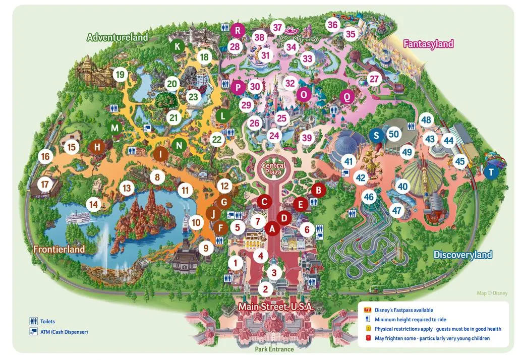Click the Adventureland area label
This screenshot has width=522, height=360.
[118, 37]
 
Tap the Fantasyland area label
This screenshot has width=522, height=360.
[428, 44]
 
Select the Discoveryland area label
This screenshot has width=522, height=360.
[462, 255]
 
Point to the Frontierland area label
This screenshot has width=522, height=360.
[59, 249]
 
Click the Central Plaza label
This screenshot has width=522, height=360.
[273, 169]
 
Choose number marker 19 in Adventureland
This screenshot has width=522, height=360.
[120, 75]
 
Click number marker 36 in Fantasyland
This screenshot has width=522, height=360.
[332, 25]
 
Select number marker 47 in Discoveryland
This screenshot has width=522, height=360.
[397, 211]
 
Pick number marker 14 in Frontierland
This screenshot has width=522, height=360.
[93, 204]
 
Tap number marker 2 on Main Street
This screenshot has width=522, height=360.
[265, 289]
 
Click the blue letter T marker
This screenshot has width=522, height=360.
[491, 172]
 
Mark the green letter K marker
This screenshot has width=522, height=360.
[177, 46]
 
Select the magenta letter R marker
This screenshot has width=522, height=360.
[237, 30]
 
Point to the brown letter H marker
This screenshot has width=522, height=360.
[96, 147]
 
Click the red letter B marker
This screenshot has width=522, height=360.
[317, 190]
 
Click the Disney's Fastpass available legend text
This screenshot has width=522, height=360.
[403, 310]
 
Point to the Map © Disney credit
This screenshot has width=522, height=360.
[492, 293]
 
